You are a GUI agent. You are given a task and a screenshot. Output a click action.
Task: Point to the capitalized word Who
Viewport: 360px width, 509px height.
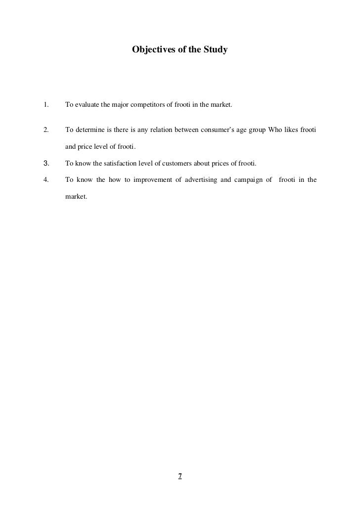tap(275, 130)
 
